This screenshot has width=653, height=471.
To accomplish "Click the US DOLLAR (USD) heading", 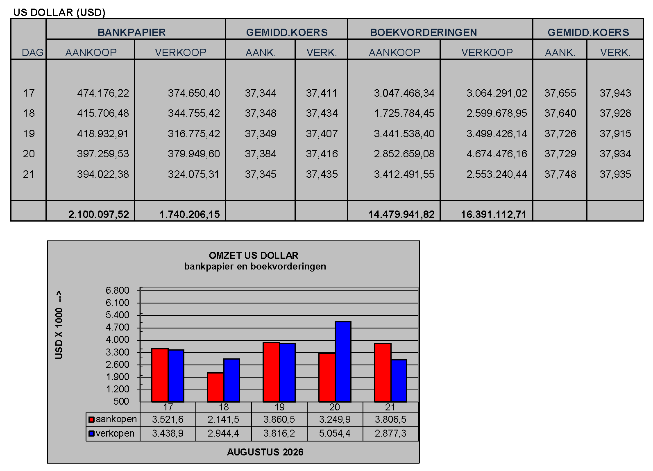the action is click(59, 12).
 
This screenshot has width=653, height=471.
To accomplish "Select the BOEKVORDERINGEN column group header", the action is click(423, 32).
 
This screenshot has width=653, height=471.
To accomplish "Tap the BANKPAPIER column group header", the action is click(132, 32).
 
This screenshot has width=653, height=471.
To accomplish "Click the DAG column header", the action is click(32, 52).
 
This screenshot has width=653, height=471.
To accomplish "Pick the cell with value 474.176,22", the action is click(103, 93).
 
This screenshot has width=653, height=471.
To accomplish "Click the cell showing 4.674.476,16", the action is click(497, 154).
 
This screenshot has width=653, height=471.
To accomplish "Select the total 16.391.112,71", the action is click(494, 214).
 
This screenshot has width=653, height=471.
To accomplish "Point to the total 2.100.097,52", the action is click(99, 214).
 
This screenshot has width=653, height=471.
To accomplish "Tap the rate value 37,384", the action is click(261, 154).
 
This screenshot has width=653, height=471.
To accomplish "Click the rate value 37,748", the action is click(560, 174).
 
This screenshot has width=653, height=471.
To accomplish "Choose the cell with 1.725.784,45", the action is click(404, 113).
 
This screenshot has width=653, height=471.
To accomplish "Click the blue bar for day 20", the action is click(343, 361).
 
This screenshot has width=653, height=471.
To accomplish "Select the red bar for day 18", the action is click(215, 387).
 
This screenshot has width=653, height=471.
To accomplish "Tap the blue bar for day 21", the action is click(399, 380).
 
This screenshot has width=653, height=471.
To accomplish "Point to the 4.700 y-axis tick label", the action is click(117, 327).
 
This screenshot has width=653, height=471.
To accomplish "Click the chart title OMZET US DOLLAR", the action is click(254, 256).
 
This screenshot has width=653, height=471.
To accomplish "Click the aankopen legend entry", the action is click(113, 419).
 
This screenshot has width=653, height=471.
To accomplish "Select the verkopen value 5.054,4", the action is click(335, 433).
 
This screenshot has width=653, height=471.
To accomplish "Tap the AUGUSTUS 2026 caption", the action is click(265, 452).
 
